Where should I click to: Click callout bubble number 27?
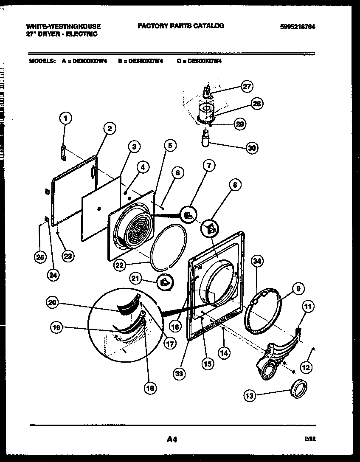click(x=247, y=86)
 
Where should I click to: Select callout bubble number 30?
click(x=252, y=148)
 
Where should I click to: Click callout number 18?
click(x=150, y=387)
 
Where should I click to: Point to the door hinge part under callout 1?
click(x=64, y=153)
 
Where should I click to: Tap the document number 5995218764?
click(x=298, y=26)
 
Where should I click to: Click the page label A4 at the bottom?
click(x=172, y=440)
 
